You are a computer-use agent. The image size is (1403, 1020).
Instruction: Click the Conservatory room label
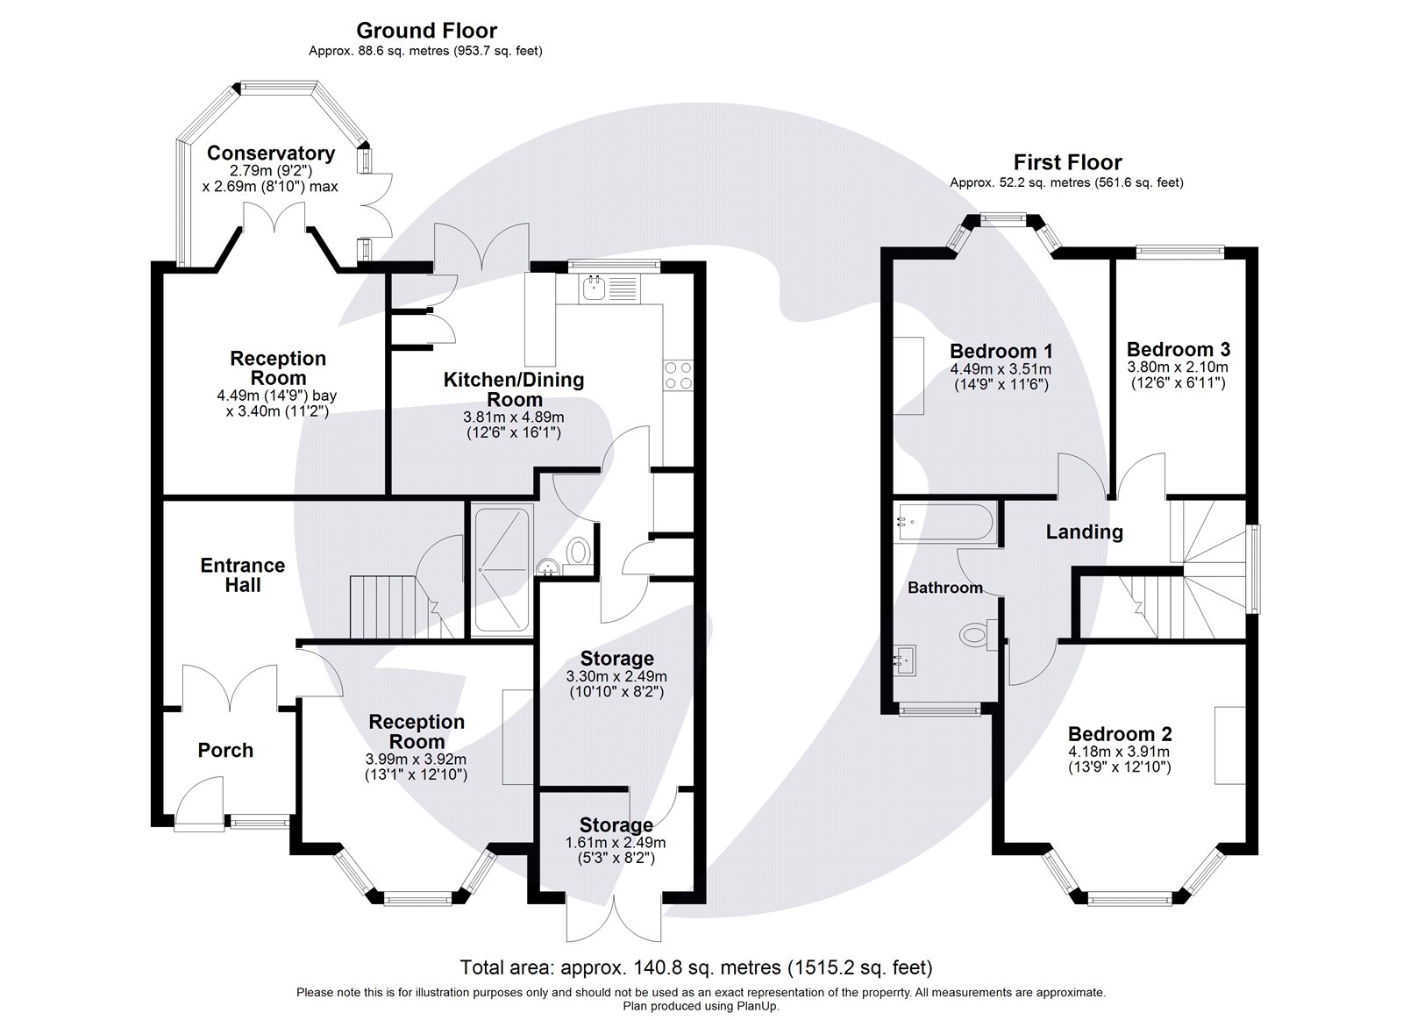click(x=271, y=153)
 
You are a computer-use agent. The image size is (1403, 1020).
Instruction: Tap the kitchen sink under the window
click(x=609, y=289)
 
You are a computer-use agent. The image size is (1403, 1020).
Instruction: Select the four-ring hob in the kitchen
click(x=679, y=375)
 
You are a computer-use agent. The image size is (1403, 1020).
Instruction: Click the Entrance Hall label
click(x=242, y=575)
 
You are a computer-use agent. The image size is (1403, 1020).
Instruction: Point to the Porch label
click(x=225, y=750)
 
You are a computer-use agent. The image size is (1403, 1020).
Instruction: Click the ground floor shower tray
click(x=503, y=569)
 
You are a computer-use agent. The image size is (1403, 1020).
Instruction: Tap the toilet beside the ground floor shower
click(x=578, y=554)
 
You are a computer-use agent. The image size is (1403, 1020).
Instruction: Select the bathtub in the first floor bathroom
click(x=943, y=524)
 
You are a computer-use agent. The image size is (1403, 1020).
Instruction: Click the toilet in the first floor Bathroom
click(x=977, y=635)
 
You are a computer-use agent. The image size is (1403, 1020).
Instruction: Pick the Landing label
click(x=1084, y=532)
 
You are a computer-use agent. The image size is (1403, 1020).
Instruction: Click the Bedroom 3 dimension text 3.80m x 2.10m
click(x=1178, y=367)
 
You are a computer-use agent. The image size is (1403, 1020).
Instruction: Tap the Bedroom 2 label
click(x=1120, y=734)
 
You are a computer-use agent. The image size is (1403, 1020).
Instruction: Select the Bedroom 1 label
click(x=1001, y=351)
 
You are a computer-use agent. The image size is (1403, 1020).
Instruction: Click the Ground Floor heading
click(x=426, y=30)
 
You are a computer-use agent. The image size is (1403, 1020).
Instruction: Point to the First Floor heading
click(x=1067, y=162)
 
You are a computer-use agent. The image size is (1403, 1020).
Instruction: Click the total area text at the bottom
click(x=696, y=967)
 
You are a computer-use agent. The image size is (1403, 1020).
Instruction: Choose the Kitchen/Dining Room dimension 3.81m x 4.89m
click(x=514, y=417)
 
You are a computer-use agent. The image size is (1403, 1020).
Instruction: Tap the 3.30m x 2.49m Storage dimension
click(x=616, y=677)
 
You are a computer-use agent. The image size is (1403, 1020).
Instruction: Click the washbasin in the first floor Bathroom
click(x=904, y=660)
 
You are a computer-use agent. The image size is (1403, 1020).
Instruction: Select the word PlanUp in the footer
click(x=759, y=1006)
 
